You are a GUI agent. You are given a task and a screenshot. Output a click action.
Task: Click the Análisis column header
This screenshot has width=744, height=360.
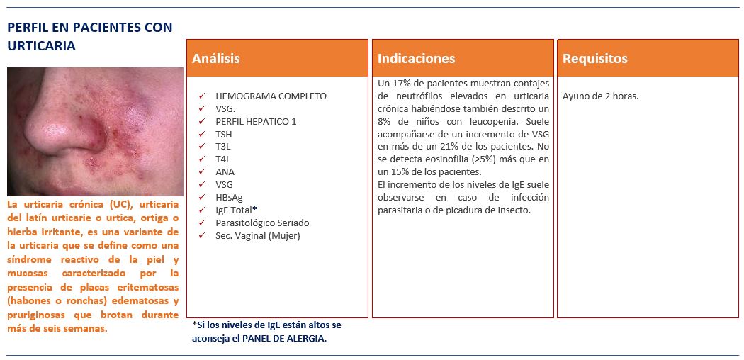click(216, 59)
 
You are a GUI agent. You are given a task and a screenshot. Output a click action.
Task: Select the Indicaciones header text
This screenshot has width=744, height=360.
click(417, 59)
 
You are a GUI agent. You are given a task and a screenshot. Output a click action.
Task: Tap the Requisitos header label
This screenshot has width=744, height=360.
click(595, 59)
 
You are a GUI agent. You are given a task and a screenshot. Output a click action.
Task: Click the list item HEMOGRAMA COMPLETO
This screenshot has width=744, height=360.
click(271, 96)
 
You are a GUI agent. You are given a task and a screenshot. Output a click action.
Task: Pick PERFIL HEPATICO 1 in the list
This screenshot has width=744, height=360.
click(256, 121)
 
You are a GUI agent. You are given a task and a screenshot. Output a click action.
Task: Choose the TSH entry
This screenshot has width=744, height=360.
click(224, 134)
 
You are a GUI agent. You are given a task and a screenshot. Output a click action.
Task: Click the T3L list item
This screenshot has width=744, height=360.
click(224, 147)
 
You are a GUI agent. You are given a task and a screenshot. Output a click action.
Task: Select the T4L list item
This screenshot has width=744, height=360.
click(224, 159)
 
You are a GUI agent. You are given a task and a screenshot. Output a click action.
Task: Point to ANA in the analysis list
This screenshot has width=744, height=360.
click(225, 171)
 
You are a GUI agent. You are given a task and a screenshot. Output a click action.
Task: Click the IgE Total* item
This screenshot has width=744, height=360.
click(236, 210)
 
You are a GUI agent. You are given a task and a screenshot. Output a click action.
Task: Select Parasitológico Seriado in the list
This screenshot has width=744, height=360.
click(262, 223)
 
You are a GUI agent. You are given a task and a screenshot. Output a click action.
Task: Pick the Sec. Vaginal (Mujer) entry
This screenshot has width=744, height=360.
click(258, 235)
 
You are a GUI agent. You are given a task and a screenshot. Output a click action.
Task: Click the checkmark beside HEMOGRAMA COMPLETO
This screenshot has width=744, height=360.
click(202, 96)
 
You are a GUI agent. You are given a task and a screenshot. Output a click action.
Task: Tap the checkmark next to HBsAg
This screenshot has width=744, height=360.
click(202, 197)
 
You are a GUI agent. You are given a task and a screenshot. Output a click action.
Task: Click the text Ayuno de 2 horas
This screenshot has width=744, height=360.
click(600, 96)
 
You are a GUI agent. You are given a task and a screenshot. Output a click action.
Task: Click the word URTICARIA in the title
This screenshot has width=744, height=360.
click(41, 45)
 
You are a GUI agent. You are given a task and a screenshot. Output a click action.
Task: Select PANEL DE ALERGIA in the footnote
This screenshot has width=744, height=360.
click(284, 338)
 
